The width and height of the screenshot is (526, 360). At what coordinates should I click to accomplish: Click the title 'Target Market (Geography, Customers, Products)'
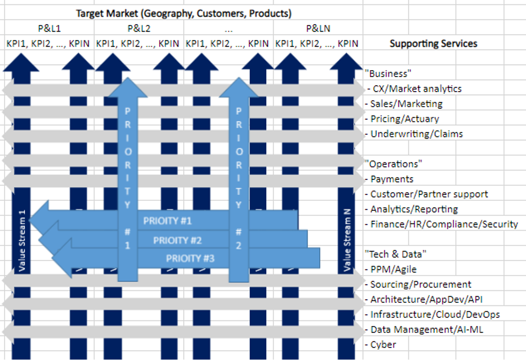coord(184,14)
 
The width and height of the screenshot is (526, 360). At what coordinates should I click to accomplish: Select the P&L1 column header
coord(49,29)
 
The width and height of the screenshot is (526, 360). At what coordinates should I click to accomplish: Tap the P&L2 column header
coord(139,29)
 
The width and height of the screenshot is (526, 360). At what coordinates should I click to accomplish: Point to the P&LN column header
coord(318,29)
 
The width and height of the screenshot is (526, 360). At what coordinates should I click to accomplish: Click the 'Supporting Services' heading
coord(433,44)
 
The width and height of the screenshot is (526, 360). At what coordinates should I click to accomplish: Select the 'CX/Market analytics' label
coord(415,89)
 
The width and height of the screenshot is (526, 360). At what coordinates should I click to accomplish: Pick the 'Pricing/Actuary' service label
coord(404,119)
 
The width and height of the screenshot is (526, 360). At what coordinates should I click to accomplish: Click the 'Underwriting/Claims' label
coord(416,134)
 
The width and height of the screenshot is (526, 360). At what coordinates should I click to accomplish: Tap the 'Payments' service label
coord(392,179)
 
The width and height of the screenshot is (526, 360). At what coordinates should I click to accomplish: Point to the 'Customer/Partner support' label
coord(429,194)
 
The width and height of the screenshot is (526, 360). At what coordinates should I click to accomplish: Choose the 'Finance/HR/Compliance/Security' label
coord(444,224)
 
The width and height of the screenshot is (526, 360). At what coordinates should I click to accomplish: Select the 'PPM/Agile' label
coord(393,269)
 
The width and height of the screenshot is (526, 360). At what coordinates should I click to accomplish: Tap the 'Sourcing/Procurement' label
coord(420,284)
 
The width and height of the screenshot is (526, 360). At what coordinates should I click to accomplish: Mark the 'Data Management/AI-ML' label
coord(426,329)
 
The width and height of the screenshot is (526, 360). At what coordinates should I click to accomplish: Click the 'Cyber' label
coord(384,344)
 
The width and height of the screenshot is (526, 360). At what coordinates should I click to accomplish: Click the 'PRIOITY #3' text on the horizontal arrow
coord(190,258)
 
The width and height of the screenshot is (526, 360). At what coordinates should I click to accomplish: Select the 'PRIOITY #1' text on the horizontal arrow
coord(168,220)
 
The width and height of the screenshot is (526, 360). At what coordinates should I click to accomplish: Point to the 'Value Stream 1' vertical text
coord(22,240)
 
